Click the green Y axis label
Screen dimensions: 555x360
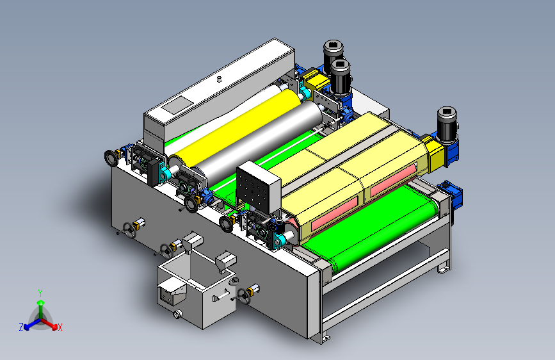tap(40, 293)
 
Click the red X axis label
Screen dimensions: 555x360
tap(60, 327)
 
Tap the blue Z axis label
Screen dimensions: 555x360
tap(21, 327)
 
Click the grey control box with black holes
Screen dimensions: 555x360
tap(259, 187)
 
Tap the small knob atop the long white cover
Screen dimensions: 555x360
tap(219, 79)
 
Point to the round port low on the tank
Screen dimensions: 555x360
tap(177, 314)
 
